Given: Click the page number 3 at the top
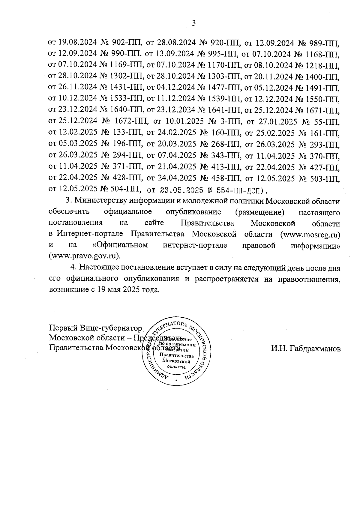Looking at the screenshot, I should (193, 23).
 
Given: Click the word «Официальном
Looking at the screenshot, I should (120, 245).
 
